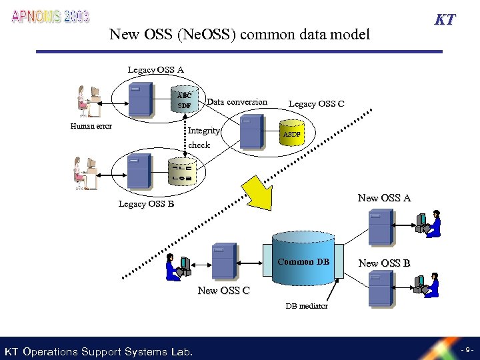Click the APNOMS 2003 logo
(x=51, y=17)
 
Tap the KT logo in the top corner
(x=444, y=19)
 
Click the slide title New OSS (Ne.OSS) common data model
(x=239, y=34)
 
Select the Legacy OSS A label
(x=156, y=69)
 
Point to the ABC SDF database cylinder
(x=185, y=100)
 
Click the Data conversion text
(x=237, y=102)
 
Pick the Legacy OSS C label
(x=316, y=103)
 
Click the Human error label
(x=91, y=126)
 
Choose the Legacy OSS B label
(x=146, y=204)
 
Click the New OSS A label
(x=384, y=198)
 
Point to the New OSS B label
(x=384, y=263)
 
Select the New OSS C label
(x=223, y=291)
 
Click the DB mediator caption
(x=307, y=306)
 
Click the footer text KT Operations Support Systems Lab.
(x=99, y=351)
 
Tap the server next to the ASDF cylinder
(x=252, y=131)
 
